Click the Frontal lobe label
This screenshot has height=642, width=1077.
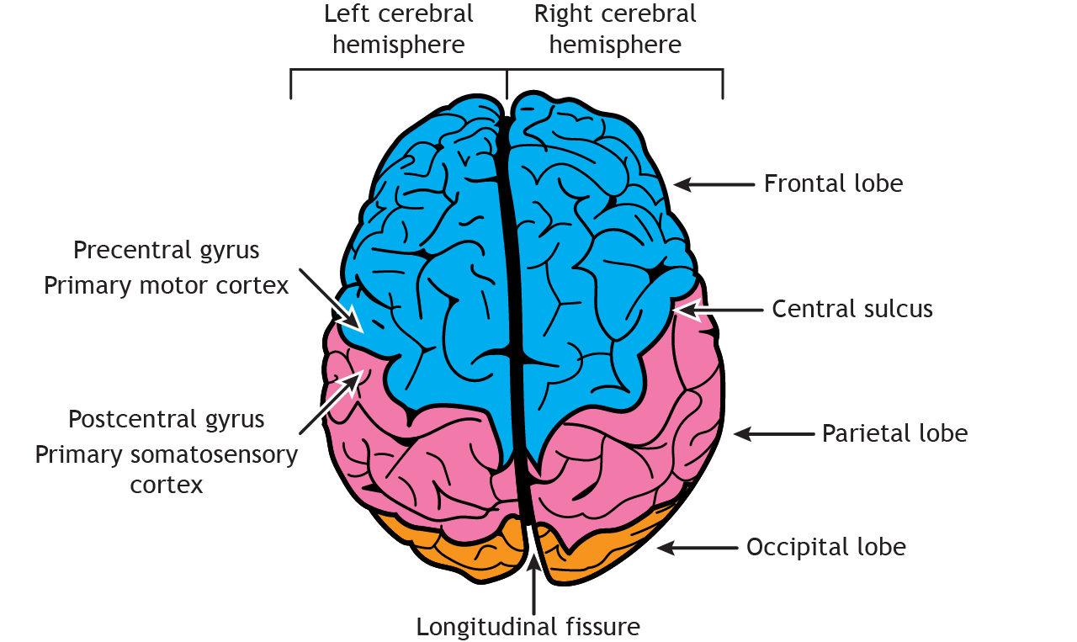coord(833,183)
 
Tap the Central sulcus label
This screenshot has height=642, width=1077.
coord(852,309)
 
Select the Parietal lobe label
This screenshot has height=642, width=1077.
coord(894,433)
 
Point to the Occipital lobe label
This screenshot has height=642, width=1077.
coord(826,547)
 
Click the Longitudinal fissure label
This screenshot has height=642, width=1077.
coord(528,627)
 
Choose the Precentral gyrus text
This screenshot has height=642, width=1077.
coord(167,250)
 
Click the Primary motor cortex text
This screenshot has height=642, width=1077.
coord(167,285)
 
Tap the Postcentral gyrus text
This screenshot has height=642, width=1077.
coord(167,418)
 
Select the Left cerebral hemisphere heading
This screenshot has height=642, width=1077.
coord(399,29)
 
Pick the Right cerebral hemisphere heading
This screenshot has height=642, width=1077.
coord(615,29)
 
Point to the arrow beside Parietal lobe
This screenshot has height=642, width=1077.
coord(774,434)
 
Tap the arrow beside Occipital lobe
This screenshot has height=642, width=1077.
coord(698,548)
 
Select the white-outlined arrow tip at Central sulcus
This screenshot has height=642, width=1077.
coord(686,310)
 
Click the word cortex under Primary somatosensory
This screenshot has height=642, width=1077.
coord(167,485)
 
